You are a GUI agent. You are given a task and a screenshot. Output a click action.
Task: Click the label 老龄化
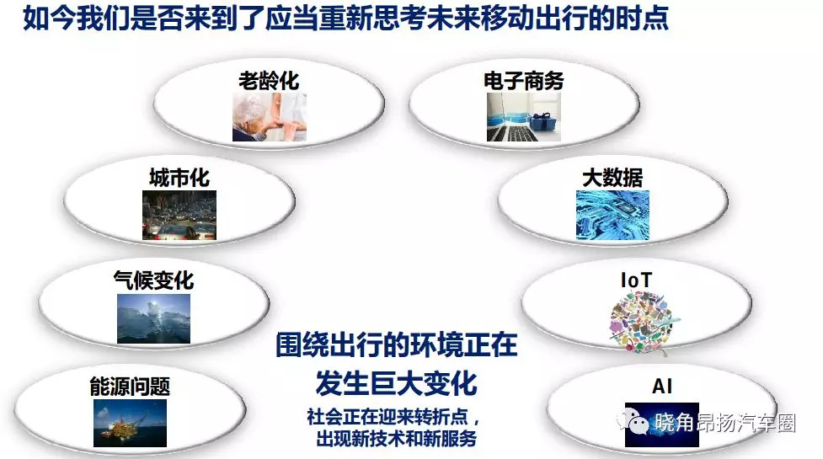pos(269,81)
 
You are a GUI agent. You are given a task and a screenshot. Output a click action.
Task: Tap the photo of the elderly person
pos(270,117)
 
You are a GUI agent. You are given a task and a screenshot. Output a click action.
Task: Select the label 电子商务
pos(524,81)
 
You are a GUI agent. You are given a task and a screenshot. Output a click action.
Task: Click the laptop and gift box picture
pos(524,117)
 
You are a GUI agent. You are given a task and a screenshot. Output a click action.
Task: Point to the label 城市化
pos(179,178)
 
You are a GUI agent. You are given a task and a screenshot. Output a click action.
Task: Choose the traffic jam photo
pos(179,215)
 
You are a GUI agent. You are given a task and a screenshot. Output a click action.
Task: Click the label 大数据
pos(612,178)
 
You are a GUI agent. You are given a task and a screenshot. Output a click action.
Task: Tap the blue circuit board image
pos(612,215)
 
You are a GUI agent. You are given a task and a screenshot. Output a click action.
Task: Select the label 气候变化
pos(154,280)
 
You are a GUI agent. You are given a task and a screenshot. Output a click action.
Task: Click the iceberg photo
pos(154,318)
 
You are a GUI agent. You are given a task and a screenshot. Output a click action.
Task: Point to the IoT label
pos(636,280)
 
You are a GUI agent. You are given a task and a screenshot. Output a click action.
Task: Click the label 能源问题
pos(130,387)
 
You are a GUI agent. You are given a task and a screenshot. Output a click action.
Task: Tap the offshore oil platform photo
pos(131,424)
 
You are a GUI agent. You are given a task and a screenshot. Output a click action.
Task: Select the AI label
pos(662,387)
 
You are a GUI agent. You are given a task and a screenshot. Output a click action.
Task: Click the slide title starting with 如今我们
pos(346,18)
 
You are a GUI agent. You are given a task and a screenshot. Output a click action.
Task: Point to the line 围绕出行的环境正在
pos(397,344)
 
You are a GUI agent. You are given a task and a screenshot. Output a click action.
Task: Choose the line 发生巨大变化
pos(396,383)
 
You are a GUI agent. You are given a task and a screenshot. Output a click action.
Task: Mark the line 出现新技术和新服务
pos(396,438)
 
